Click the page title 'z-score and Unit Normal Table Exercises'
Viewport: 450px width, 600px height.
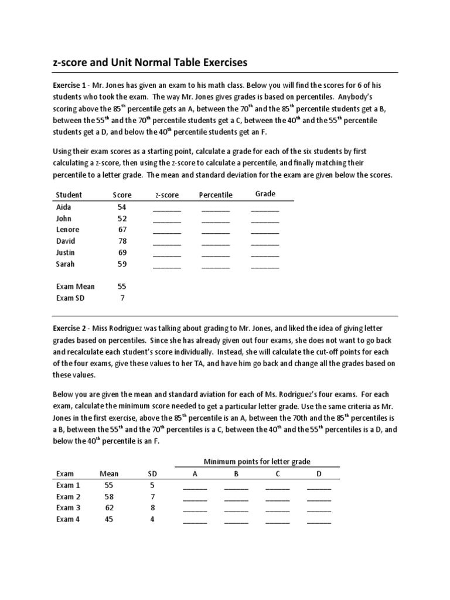coord(151,62)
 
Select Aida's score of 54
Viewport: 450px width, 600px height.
coord(122,207)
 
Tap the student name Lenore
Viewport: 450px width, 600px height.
coord(67,230)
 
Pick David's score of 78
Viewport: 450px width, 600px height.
coord(122,241)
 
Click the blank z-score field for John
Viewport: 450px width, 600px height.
coord(167,220)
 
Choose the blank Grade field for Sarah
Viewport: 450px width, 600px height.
coord(265,266)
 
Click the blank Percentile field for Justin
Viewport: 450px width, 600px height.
coord(216,254)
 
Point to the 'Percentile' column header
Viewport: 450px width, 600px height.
coord(216,195)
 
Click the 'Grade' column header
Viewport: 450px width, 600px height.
coord(265,194)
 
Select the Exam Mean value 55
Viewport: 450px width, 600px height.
coord(122,287)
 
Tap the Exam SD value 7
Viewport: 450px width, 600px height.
coord(122,298)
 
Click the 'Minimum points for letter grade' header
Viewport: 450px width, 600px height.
coord(257,462)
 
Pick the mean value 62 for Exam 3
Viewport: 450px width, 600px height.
coord(110,508)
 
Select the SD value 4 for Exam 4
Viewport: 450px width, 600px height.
coord(152,519)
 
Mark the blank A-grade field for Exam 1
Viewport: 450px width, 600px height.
coord(195,487)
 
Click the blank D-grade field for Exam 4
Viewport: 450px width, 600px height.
coord(319,521)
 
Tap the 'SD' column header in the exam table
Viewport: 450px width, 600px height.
coord(152,474)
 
